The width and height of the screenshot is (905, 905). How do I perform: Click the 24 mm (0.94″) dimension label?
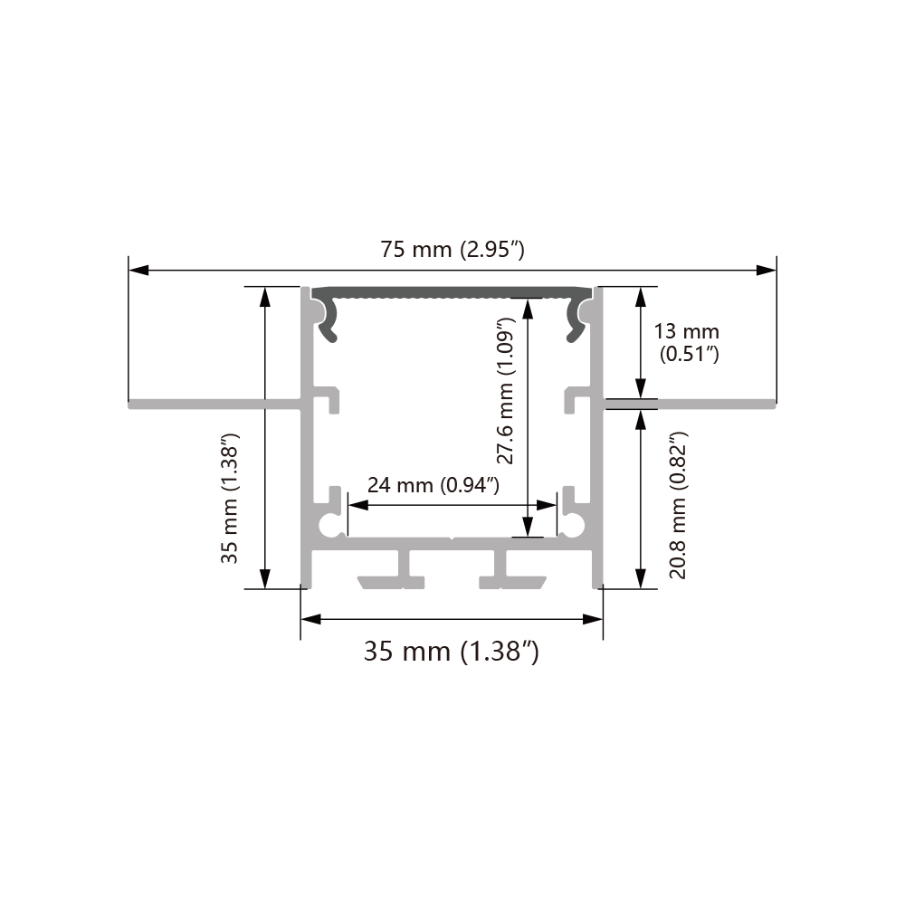coord(433,485)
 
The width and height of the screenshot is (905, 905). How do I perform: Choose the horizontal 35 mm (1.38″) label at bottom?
coord(452,651)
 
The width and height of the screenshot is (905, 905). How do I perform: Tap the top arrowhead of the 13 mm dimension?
coord(642,295)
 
